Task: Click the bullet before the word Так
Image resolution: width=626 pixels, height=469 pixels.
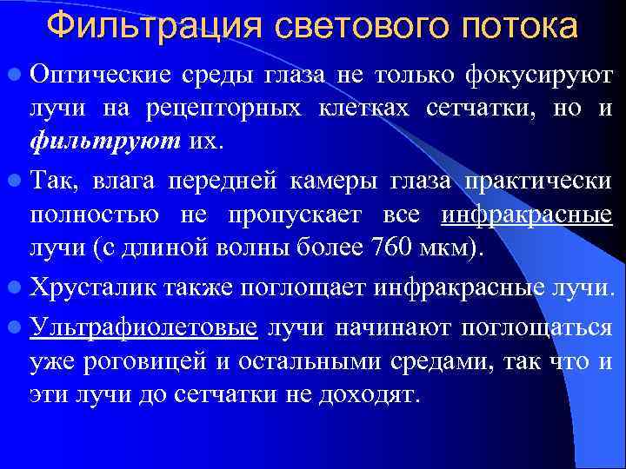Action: coord(15,180)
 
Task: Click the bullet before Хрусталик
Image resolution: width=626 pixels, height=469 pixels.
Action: coord(15,286)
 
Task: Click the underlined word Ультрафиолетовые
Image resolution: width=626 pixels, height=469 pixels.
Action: coord(143,327)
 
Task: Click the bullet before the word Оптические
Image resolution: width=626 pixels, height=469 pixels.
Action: coord(15,76)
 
